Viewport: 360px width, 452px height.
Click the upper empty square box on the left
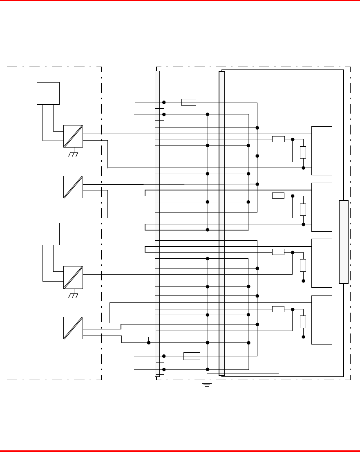[48, 93]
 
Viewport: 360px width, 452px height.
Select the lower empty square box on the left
[48, 234]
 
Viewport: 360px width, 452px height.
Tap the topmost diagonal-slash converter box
[73, 136]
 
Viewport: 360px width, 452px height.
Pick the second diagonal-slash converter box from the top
[73, 187]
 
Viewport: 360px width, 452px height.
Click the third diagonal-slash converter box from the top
[73, 277]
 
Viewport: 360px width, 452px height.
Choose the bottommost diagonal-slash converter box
[73, 327]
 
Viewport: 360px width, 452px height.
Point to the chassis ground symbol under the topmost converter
[74, 154]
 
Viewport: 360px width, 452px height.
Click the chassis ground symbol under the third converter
[74, 295]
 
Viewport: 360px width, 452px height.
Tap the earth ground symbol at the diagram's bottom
[207, 384]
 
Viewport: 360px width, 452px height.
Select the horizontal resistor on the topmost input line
[189, 102]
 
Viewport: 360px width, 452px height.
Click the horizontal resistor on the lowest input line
[192, 356]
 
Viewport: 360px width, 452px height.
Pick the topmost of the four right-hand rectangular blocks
[322, 150]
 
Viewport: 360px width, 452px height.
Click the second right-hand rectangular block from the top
[322, 207]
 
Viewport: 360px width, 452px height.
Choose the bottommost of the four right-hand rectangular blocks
[322, 320]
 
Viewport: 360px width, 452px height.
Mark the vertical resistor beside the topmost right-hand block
[303, 152]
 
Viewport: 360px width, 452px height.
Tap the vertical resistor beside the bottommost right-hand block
[303, 322]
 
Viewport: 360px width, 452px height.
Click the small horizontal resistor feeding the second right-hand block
[278, 196]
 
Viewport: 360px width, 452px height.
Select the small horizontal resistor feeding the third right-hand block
[278, 252]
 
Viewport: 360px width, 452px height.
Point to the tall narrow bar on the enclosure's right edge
[344, 242]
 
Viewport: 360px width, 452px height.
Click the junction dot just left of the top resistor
[164, 102]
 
